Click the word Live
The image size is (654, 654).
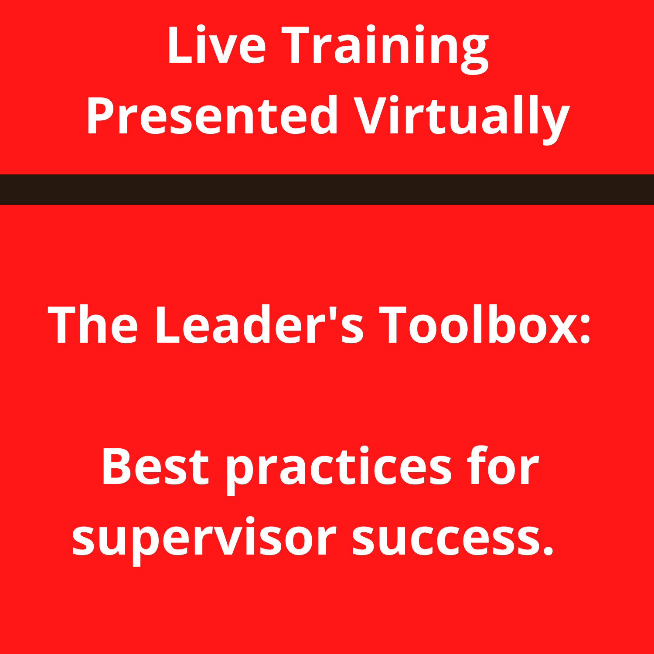coord(216,45)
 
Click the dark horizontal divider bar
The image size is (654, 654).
coord(327,190)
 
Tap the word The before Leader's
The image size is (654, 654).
coord(92,325)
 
